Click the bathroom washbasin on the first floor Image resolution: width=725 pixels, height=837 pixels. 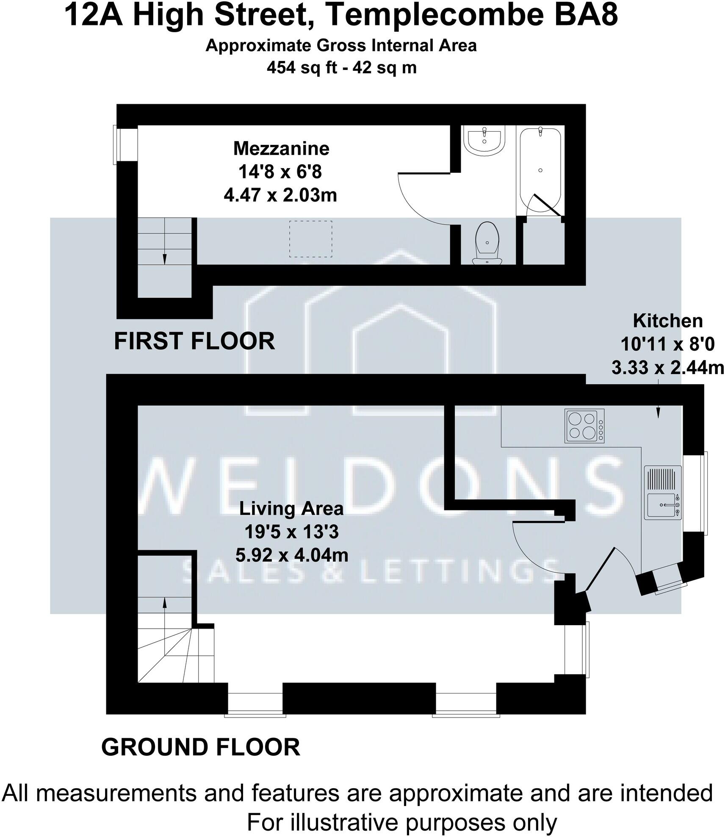point(484,140)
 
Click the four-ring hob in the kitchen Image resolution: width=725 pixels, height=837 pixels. point(584,426)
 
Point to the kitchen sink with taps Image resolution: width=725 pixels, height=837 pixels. point(663,504)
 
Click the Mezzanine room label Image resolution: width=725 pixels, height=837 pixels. point(281,149)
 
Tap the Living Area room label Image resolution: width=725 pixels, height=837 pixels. point(291,508)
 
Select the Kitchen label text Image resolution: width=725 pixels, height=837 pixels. point(667,321)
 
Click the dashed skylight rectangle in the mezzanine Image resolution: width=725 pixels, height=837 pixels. point(310,239)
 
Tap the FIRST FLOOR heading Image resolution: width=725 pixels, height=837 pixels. point(194,341)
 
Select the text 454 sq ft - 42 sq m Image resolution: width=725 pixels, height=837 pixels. point(341,67)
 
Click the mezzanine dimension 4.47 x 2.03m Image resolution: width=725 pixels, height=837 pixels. point(280,195)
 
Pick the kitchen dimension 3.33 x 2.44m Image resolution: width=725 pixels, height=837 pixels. point(667,368)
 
